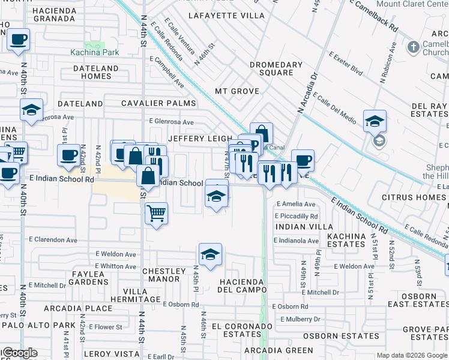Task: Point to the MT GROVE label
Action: click(x=237, y=91)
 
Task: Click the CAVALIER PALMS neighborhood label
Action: click(x=158, y=103)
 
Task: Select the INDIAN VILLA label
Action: click(x=304, y=227)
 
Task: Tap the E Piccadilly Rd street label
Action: click(x=297, y=216)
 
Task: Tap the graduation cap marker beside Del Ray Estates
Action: click(x=375, y=121)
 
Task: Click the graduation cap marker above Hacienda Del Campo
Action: click(x=210, y=254)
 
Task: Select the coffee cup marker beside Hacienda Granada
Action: click(x=19, y=40)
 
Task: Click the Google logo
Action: click(x=20, y=353)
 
